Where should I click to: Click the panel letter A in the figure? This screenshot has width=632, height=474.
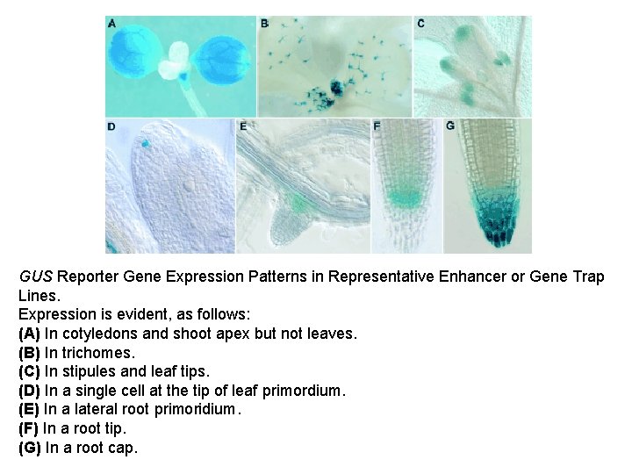[111, 24]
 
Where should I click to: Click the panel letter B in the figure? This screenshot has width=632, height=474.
[264, 24]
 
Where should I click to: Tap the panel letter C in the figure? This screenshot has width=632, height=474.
[421, 24]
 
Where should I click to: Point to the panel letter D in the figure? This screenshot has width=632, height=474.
[111, 126]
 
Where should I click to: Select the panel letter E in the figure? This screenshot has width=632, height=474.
[244, 126]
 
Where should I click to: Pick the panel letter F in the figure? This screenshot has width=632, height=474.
[377, 126]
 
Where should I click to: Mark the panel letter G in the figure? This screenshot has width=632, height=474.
[450, 126]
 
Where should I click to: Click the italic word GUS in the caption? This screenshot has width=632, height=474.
[34, 276]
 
